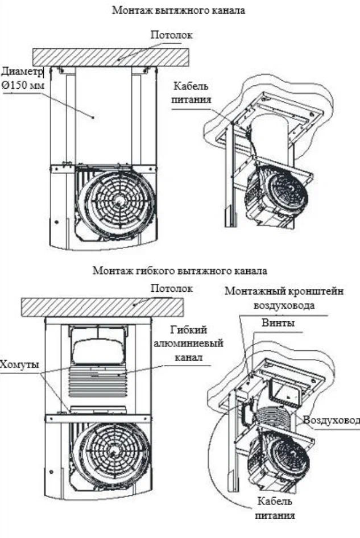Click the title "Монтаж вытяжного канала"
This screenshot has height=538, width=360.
[179, 10]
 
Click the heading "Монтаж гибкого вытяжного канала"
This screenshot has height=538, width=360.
[180, 271]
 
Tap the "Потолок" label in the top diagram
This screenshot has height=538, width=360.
[172, 35]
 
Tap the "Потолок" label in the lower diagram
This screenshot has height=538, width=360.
[172, 288]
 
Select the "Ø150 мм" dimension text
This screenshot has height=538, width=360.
[23, 85]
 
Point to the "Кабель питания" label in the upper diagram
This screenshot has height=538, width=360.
[191, 93]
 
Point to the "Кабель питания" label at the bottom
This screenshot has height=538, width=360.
[275, 508]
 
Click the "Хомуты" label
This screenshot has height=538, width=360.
[19, 364]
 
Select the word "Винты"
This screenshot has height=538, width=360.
[278, 323]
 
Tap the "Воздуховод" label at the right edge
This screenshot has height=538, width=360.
[332, 420]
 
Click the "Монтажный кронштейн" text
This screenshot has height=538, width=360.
[284, 291]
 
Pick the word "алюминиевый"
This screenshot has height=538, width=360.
[188, 343]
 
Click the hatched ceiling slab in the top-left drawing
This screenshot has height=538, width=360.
[111, 57]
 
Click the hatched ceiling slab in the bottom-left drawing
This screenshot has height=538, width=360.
[102, 308]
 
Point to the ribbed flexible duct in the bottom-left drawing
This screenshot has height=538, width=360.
[98, 383]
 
